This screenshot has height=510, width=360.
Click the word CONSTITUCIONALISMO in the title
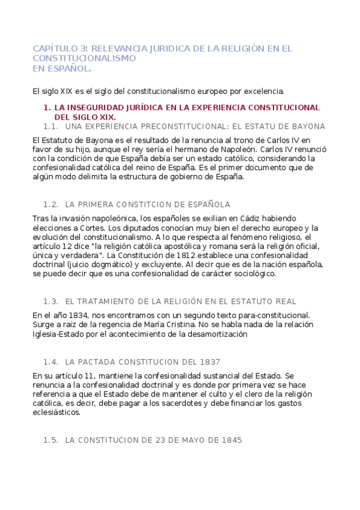tap(84, 58)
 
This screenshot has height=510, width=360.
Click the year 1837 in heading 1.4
tap(209, 362)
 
